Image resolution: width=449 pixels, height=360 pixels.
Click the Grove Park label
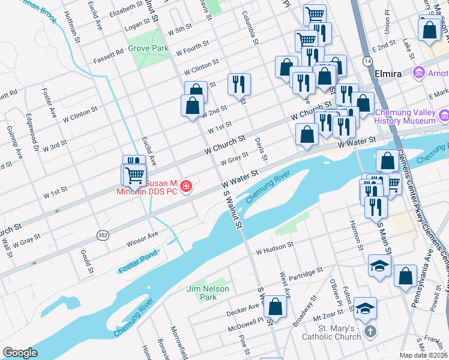(x=148, y=47)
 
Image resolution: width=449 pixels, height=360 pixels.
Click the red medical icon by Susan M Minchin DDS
(x=187, y=187)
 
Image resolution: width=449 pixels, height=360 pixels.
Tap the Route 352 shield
(x=103, y=236)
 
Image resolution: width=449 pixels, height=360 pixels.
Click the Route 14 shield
(x=366, y=61)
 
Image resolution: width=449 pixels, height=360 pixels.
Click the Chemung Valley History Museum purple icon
(x=444, y=115)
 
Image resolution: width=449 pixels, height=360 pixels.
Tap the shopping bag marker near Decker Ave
(x=275, y=307)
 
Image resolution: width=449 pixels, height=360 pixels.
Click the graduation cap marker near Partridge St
(x=379, y=266)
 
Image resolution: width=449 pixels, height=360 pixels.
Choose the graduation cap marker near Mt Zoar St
(x=365, y=308)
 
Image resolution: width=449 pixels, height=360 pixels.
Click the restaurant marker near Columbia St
(x=239, y=84)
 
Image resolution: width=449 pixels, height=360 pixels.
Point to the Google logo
(x=20, y=353)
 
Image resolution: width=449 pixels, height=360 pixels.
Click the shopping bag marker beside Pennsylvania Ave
(x=405, y=276)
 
